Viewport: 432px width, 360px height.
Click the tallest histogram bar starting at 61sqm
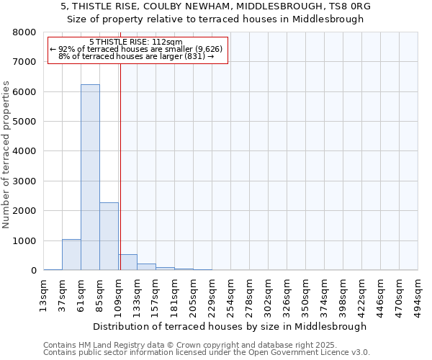(90, 177)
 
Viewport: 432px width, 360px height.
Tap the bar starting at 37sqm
(71, 255)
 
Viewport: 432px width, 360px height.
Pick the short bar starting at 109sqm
(127, 262)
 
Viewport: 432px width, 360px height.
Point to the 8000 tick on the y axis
(24, 32)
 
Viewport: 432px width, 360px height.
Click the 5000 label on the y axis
(24, 122)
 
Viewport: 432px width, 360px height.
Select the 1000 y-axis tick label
(24, 240)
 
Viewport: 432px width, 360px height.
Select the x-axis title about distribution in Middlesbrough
(230, 326)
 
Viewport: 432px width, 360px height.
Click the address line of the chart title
(216, 6)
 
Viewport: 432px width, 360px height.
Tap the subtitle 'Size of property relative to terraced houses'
(216, 19)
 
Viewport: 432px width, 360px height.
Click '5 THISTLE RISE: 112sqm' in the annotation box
(136, 42)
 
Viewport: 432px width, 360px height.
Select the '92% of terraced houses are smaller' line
(136, 49)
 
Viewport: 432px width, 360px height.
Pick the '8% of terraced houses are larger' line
(136, 56)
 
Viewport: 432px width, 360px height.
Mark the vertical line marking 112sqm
(120, 166)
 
